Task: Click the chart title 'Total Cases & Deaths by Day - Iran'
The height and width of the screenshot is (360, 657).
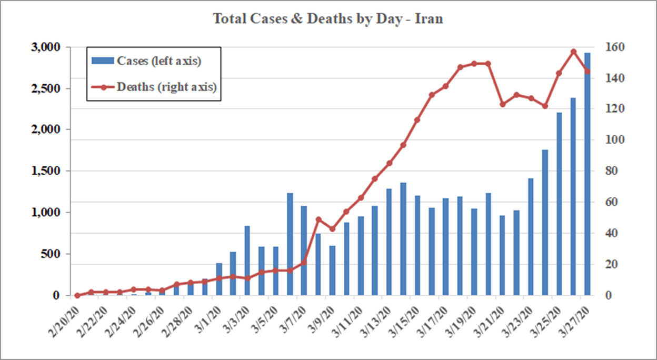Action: click(x=328, y=19)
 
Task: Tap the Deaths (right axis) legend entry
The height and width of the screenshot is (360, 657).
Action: click(x=153, y=87)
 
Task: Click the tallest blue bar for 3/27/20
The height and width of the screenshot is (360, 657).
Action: click(x=588, y=174)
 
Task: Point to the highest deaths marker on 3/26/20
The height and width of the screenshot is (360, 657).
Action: click(x=573, y=52)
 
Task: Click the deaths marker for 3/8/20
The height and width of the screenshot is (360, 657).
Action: click(x=318, y=219)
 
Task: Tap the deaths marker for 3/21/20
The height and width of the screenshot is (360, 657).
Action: click(x=502, y=104)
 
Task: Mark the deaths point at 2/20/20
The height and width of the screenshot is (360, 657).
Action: click(x=77, y=295)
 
